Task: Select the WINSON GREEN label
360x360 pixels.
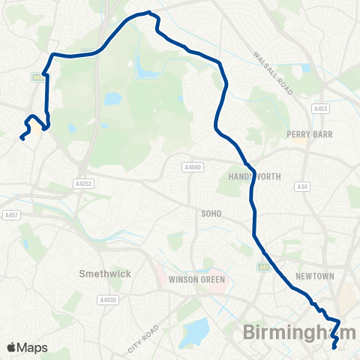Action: (x=193, y=280)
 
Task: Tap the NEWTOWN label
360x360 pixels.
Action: (x=313, y=276)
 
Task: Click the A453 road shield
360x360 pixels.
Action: (x=321, y=109)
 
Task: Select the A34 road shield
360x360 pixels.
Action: (x=302, y=187)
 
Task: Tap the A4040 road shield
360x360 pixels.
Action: (x=191, y=167)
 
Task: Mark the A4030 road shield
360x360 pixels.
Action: (x=106, y=299)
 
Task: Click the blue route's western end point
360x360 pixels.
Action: (x=21, y=137)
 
